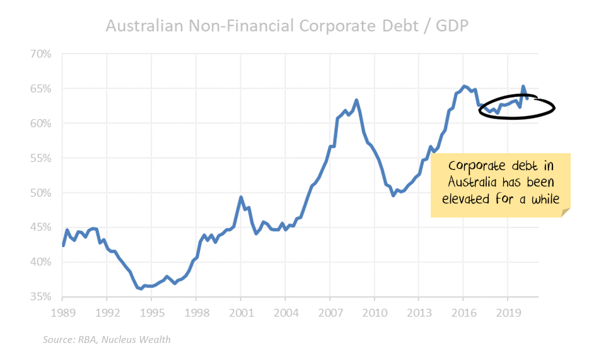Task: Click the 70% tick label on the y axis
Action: pyautogui.click(x=40, y=54)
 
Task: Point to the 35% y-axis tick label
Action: pyautogui.click(x=40, y=296)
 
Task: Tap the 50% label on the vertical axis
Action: pyautogui.click(x=40, y=192)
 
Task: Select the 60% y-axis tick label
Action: pyautogui.click(x=40, y=123)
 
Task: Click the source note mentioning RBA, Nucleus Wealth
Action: pyautogui.click(x=107, y=340)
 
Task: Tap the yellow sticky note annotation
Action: pyautogui.click(x=501, y=185)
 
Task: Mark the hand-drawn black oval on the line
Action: pyautogui.click(x=516, y=107)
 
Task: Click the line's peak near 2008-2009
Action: pyautogui.click(x=357, y=100)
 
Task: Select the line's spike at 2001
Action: pyautogui.click(x=240, y=197)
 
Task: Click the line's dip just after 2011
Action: pyautogui.click(x=393, y=195)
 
